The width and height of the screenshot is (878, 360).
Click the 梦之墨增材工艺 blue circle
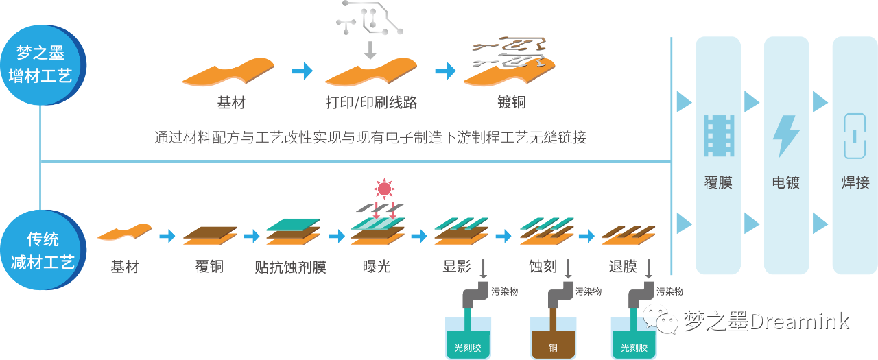[x=41, y=64]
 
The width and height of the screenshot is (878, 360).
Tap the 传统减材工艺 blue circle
[x=41, y=250]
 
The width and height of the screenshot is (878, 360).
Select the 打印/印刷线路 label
[x=371, y=103]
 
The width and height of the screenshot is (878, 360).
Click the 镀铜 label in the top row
[x=511, y=103]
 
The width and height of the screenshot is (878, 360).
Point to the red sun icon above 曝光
[x=383, y=188]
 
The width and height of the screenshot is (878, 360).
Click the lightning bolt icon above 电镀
[x=786, y=135]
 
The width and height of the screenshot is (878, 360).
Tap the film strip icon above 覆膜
[x=718, y=136]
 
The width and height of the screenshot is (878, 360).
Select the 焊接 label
[x=855, y=182]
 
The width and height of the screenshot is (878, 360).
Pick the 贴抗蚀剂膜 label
[x=290, y=266]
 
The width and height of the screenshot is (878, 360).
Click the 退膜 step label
[x=623, y=266]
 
